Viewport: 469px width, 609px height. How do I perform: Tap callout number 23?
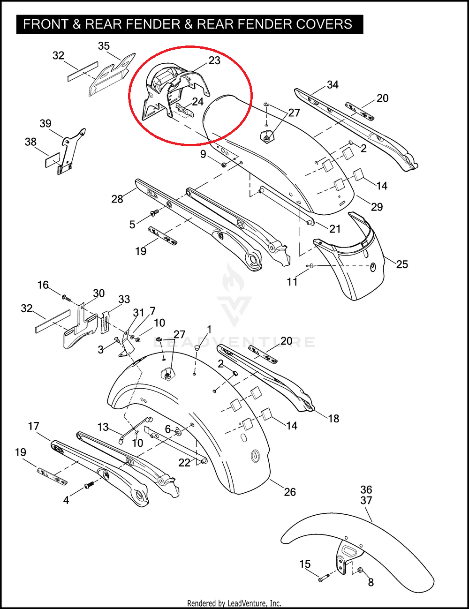click(x=214, y=60)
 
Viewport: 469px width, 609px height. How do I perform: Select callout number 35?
click(x=104, y=45)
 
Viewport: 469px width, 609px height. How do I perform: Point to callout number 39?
click(x=45, y=123)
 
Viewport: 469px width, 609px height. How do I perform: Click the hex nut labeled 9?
click(x=224, y=165)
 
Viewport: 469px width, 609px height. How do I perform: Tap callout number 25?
click(x=402, y=264)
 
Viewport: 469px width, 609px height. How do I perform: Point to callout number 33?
click(x=124, y=299)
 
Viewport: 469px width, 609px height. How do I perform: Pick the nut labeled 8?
click(x=361, y=570)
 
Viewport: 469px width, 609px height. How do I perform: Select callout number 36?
click(x=366, y=489)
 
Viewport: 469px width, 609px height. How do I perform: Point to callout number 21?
click(x=335, y=229)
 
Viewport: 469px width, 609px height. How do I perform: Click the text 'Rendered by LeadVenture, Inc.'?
click(x=234, y=603)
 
